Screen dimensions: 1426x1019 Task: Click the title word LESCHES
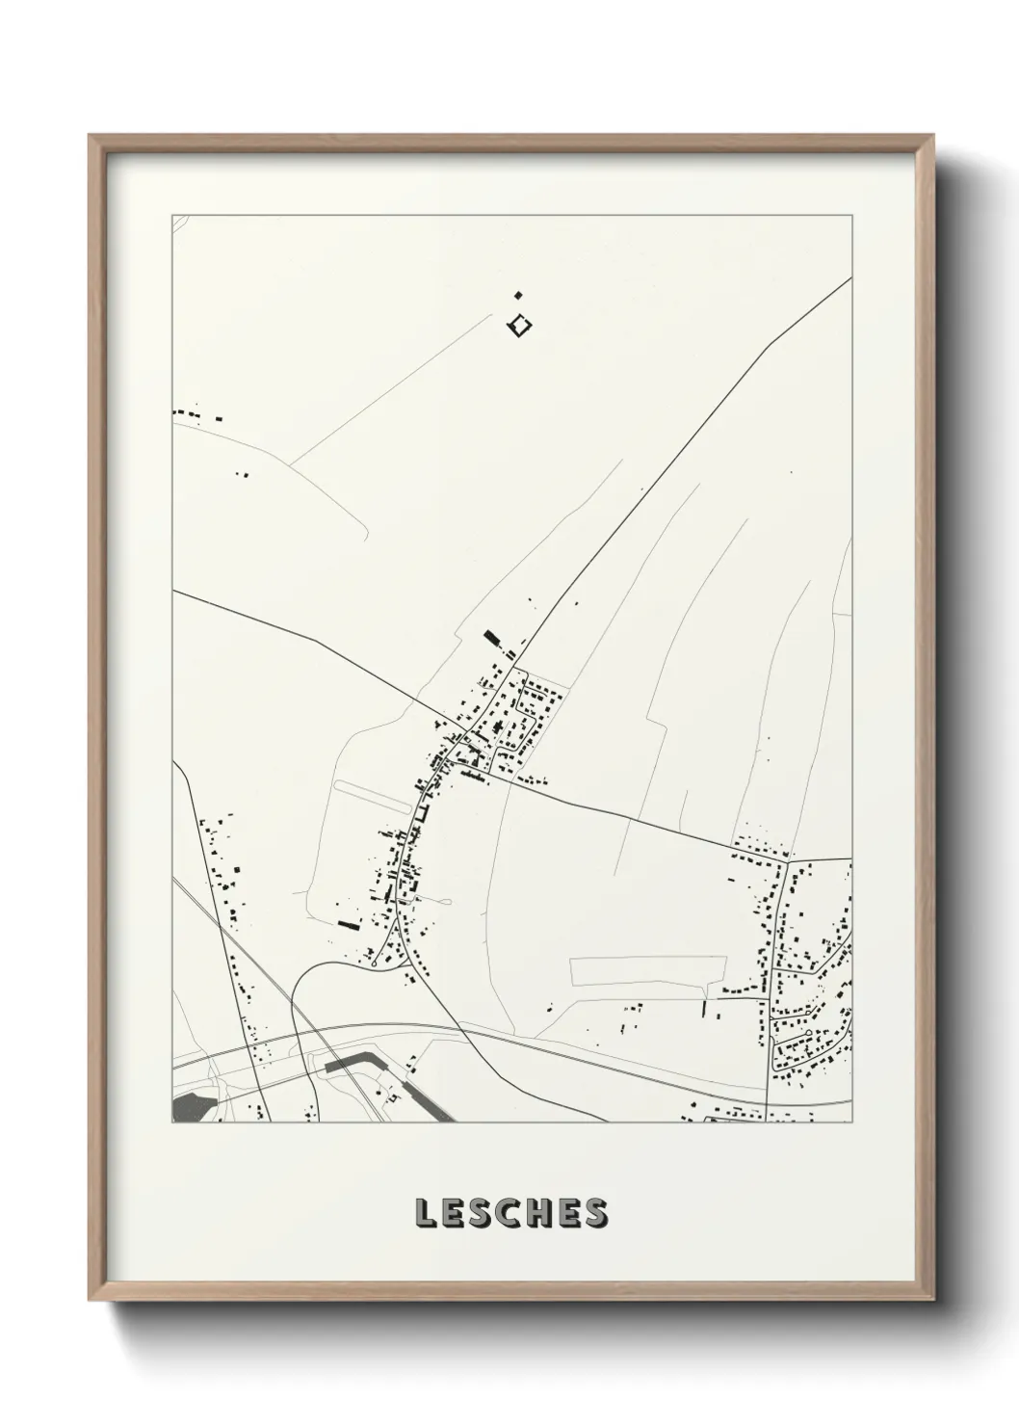click(510, 1213)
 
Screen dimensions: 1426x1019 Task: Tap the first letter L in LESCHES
click(425, 1213)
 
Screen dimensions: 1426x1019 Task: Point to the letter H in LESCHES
click(540, 1213)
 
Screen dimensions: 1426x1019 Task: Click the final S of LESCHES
click(596, 1213)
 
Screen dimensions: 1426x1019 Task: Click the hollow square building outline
click(520, 327)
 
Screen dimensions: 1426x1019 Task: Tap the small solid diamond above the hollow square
click(517, 295)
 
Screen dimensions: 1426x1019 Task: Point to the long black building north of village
click(492, 638)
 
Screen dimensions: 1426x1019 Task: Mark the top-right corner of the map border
click(851, 215)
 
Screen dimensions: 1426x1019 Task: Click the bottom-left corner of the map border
click(172, 1122)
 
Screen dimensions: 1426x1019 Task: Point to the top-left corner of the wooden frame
click(90, 136)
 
